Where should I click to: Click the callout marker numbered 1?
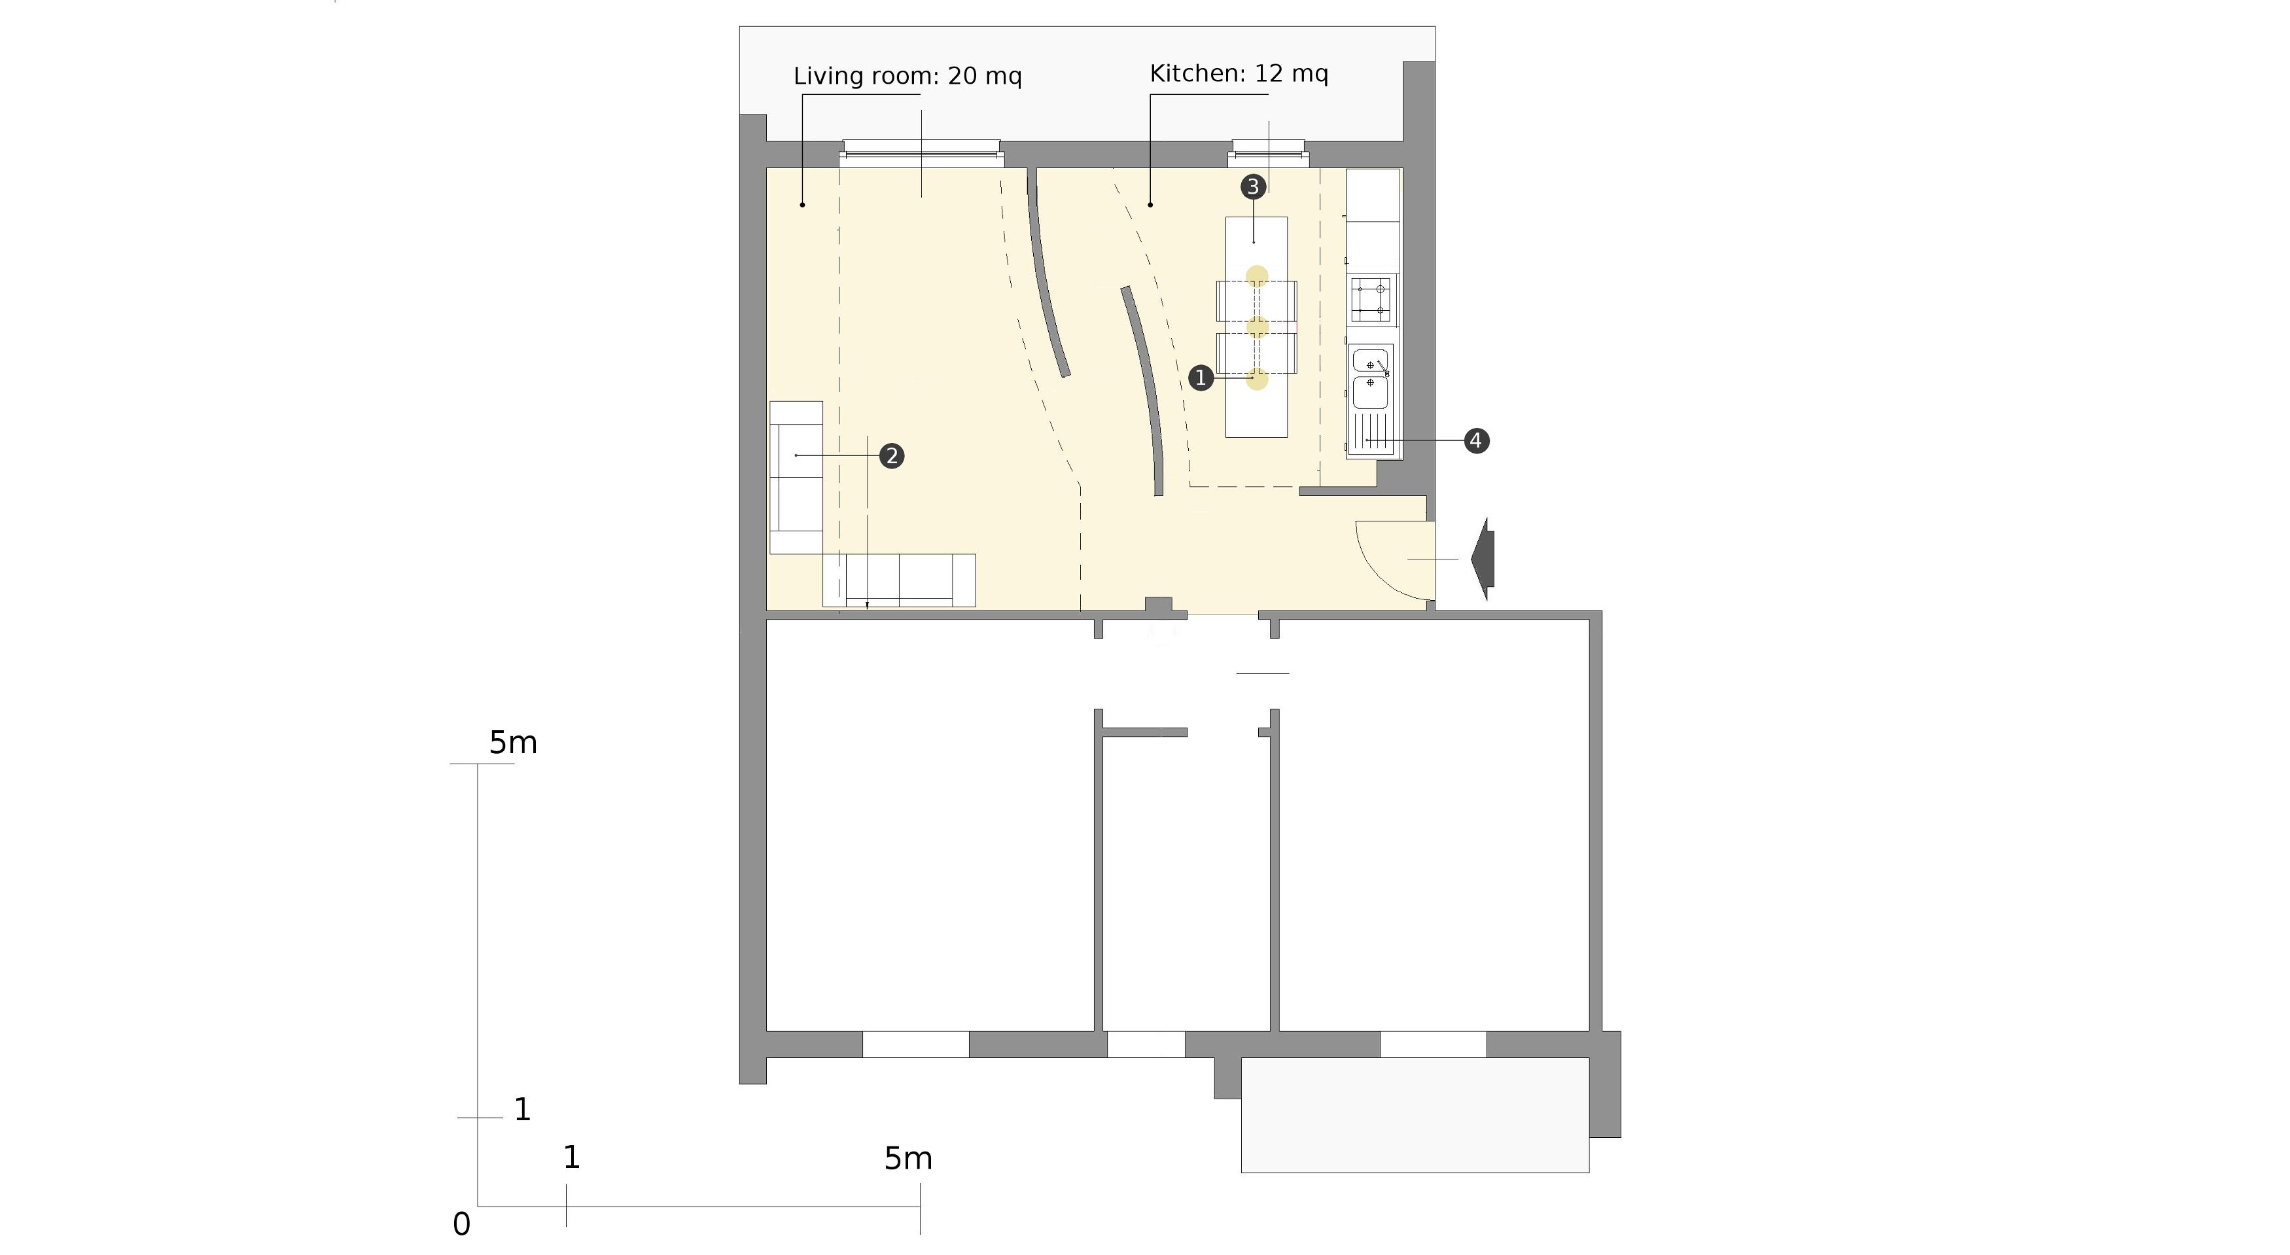click(1200, 378)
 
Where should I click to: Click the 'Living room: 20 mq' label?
click(907, 77)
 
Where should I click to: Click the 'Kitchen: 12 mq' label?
click(1239, 74)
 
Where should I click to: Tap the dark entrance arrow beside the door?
click(1483, 559)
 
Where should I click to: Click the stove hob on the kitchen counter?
click(1370, 300)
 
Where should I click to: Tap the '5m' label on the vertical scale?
click(513, 742)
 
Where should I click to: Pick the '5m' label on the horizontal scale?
click(907, 1158)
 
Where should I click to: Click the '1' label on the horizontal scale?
click(572, 1158)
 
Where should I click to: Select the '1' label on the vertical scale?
click(523, 1109)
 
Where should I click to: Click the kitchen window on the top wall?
click(1269, 154)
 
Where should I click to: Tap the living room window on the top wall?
click(922, 154)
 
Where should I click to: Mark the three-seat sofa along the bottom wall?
click(899, 580)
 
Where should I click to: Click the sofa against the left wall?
click(796, 477)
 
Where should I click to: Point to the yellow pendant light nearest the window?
click(1256, 276)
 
